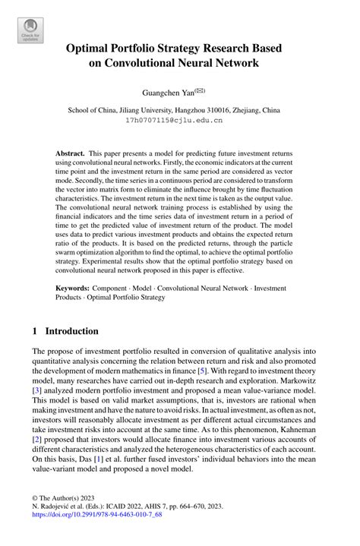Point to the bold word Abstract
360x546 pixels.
(x=69, y=153)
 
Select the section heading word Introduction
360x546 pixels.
(x=71, y=331)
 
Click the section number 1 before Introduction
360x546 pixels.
(x=36, y=331)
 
